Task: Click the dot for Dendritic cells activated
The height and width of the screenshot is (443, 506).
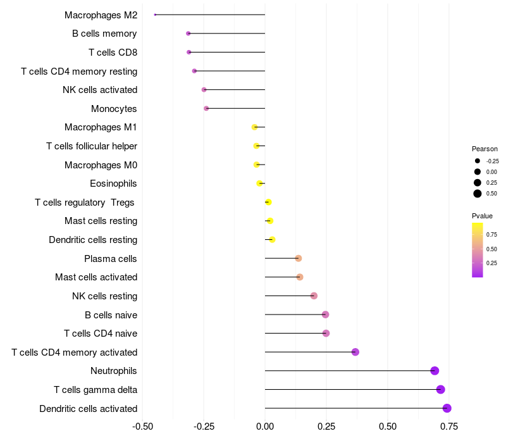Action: (x=447, y=408)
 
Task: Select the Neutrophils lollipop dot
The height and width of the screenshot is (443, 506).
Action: (x=435, y=371)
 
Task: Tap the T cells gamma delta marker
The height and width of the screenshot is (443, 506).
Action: (x=441, y=389)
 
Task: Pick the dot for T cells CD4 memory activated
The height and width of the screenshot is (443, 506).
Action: (x=355, y=352)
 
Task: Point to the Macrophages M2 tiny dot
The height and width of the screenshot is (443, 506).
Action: (x=155, y=15)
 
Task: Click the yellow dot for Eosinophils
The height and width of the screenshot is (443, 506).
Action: (x=259, y=184)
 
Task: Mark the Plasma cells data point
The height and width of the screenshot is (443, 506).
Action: (x=299, y=258)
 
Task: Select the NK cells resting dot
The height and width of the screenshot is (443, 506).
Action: (x=314, y=296)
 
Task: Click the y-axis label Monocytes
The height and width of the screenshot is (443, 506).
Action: (x=114, y=109)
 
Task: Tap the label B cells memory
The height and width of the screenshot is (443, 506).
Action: (x=104, y=34)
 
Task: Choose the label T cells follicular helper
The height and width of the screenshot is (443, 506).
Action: (x=92, y=146)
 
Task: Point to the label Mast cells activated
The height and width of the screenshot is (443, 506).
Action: (x=96, y=277)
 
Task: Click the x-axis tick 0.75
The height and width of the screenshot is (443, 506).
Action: (x=450, y=427)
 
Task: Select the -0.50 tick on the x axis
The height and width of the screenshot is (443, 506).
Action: (x=142, y=427)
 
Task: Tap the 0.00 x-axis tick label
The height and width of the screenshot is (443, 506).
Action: (x=265, y=427)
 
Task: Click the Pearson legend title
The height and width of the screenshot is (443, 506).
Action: (x=485, y=149)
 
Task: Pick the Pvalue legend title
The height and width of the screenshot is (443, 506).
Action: (x=483, y=216)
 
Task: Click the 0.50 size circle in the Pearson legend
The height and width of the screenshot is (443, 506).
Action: (x=478, y=194)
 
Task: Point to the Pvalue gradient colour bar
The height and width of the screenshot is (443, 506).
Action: (x=478, y=249)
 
